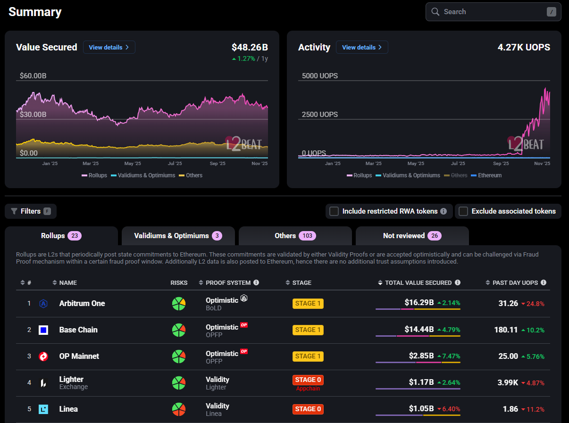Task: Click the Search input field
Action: click(493, 12)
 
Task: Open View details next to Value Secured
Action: click(109, 47)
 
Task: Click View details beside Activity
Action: click(362, 47)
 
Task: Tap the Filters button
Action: click(31, 211)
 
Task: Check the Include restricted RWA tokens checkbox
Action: click(334, 211)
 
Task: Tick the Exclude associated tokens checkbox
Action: click(463, 211)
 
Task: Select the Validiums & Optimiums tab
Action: click(178, 236)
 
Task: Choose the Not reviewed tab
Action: click(412, 236)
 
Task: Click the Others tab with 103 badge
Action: click(295, 236)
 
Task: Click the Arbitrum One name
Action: click(82, 304)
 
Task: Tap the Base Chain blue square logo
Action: click(43, 330)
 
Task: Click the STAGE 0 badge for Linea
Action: click(308, 409)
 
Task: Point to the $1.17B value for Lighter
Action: click(421, 382)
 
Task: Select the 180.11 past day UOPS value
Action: click(506, 330)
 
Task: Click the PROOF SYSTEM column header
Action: click(228, 282)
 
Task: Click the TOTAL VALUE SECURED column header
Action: click(418, 282)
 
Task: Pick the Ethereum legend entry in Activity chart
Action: click(486, 175)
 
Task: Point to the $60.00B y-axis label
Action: click(33, 76)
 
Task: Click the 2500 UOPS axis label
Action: click(319, 115)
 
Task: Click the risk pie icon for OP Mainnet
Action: click(179, 357)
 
